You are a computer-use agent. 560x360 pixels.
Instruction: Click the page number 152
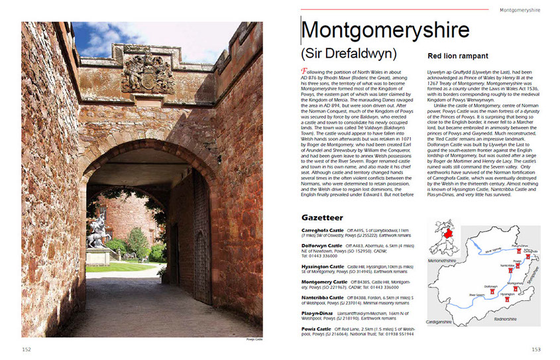pos(27,349)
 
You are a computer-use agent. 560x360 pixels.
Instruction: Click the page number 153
pos(536,349)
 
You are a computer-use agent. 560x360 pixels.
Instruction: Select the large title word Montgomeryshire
pos(385,30)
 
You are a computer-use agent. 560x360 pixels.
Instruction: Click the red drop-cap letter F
pos(304,70)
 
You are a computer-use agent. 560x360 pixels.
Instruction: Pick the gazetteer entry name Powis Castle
pos(317,328)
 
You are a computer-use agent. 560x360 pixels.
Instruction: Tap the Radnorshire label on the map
pos(508,319)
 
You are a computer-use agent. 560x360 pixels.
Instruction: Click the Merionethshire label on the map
pos(439,261)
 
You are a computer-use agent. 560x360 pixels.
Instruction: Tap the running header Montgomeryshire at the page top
pos(520,10)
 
